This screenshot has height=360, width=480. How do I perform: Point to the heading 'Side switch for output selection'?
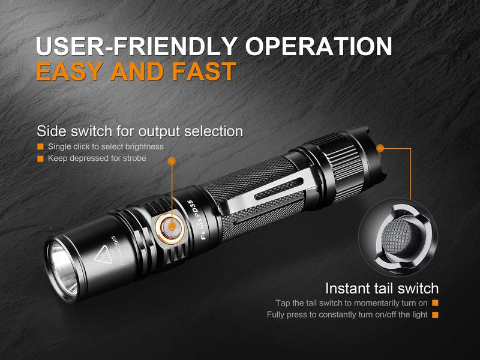tap(140, 131)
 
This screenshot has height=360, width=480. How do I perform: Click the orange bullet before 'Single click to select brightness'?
tap(40, 146)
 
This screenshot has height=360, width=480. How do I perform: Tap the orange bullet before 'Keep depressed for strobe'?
tap(40, 158)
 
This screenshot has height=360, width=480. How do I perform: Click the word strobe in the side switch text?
tap(133, 158)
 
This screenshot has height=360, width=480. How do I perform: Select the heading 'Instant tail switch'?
tap(382, 288)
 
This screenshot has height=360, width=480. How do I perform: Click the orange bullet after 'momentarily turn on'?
tap(434, 303)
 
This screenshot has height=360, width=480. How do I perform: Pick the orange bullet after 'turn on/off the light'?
tap(434, 315)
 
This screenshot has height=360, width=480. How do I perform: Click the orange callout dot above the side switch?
tap(172, 160)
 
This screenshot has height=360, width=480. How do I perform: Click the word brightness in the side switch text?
tap(144, 146)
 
